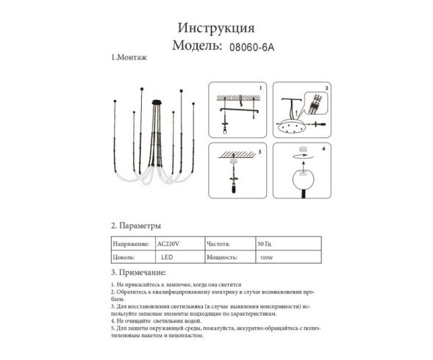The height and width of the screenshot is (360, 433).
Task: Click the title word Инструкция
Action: pyautogui.click(x=216, y=29)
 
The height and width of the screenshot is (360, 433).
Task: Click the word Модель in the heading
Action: pyautogui.click(x=196, y=46)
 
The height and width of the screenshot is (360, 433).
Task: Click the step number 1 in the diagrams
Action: pyautogui.click(x=260, y=87)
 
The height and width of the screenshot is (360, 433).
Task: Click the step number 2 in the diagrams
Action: pyautogui.click(x=327, y=87)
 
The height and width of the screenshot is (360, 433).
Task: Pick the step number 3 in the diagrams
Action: pyautogui.click(x=260, y=150)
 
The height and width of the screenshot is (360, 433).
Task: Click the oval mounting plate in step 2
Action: pyautogui.click(x=294, y=126)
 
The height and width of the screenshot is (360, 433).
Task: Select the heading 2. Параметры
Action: pyautogui.click(x=136, y=226)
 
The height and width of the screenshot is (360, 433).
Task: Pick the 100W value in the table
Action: pyautogui.click(x=265, y=259)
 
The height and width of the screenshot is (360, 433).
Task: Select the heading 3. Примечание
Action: pyautogui.click(x=140, y=273)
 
